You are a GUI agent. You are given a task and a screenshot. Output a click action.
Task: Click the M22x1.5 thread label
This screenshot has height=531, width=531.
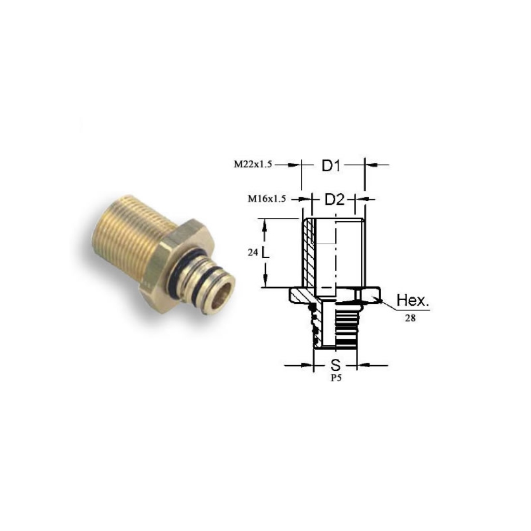253,164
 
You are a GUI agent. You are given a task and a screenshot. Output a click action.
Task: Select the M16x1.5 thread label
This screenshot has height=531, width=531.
267,199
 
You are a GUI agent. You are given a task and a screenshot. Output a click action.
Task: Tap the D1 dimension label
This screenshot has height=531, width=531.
331,166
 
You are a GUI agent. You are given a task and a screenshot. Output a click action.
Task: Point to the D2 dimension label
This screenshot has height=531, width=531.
335,200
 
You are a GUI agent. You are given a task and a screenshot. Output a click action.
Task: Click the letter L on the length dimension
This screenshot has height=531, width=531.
265,253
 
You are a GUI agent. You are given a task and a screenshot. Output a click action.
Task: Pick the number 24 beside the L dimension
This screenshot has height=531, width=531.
253,253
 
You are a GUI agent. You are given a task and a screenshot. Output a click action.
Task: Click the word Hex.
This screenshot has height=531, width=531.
412,300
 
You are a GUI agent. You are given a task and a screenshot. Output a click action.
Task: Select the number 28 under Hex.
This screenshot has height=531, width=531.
410,318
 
